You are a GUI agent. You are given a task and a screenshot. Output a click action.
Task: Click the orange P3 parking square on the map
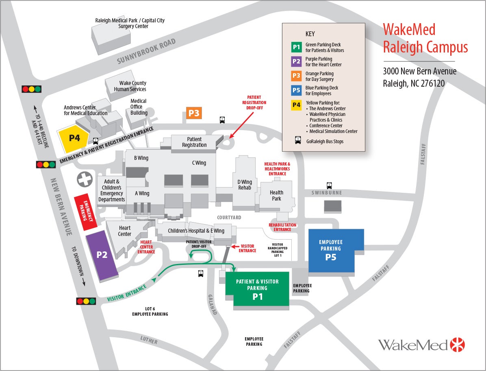pyautogui.click(x=194, y=113)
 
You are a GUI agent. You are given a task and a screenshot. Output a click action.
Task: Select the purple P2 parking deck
pyautogui.click(x=102, y=255)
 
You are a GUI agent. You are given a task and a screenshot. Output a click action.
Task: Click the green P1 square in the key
pyautogui.click(x=296, y=47)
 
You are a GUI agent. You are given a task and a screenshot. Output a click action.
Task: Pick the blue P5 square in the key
pyautogui.click(x=296, y=90)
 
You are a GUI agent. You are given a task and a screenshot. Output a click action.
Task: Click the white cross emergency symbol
pyautogui.click(x=85, y=179)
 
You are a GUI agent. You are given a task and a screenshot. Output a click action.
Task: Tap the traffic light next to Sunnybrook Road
pyautogui.click(x=32, y=89)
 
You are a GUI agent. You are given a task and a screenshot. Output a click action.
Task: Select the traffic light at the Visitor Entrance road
pyautogui.click(x=86, y=301)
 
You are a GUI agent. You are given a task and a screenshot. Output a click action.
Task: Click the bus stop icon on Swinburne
pyautogui.click(x=329, y=185)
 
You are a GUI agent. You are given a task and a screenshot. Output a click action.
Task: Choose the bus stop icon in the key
pyautogui.click(x=298, y=141)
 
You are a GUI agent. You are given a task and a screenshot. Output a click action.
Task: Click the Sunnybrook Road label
pyautogui.click(x=146, y=51)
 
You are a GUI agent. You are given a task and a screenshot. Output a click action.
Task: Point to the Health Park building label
pyautogui.click(x=276, y=196)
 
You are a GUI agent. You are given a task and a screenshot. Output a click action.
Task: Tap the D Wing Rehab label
pyautogui.click(x=245, y=185)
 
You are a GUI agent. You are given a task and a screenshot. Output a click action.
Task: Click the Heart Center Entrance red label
pyautogui.click(x=146, y=247)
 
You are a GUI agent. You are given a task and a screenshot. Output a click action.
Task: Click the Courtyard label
pyautogui.click(x=229, y=218)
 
